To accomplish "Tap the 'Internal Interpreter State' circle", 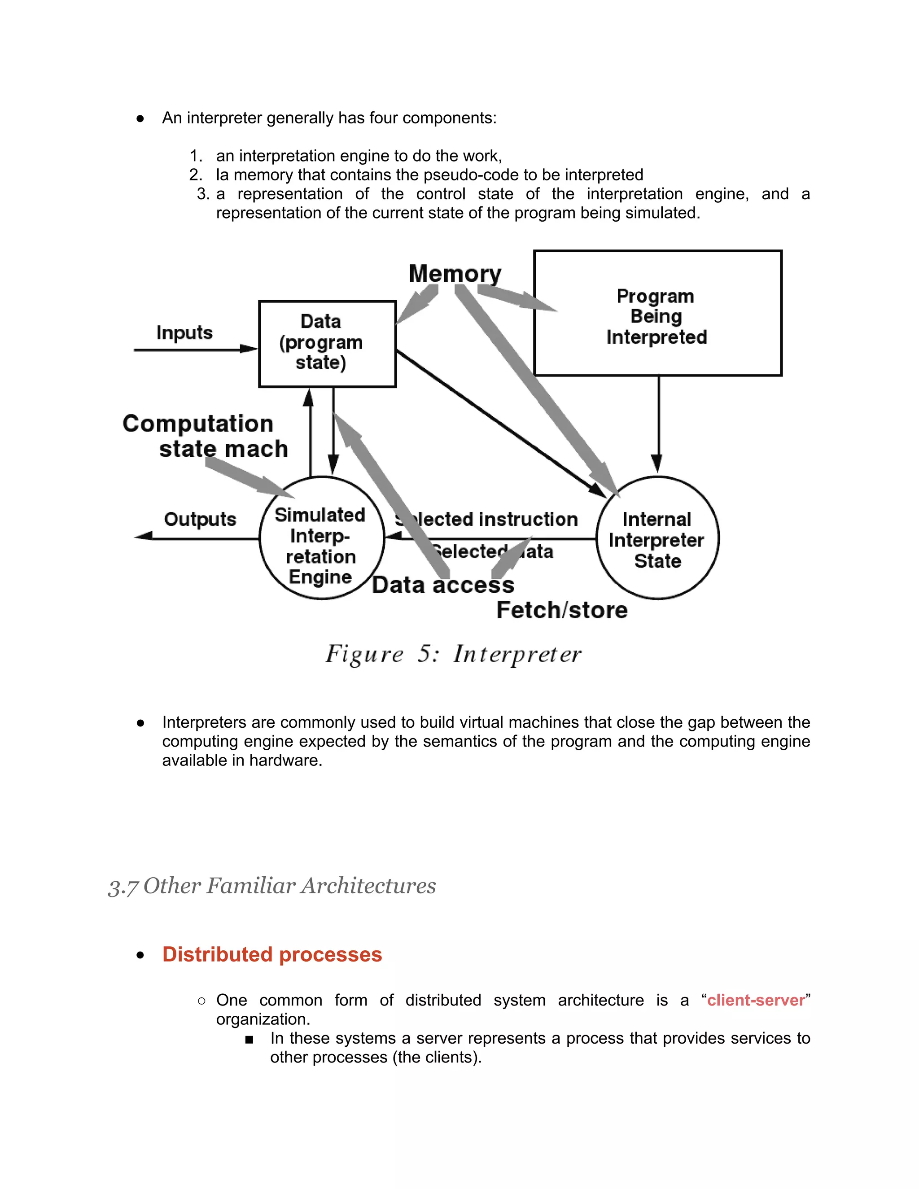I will [x=657, y=539].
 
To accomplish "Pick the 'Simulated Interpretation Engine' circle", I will [x=321, y=544].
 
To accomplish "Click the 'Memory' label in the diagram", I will [x=455, y=273].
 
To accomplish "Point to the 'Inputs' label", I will [x=184, y=332].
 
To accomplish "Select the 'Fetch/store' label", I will [x=562, y=610].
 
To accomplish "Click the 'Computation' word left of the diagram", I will [x=197, y=424].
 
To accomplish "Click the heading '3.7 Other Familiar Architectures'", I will [x=272, y=886].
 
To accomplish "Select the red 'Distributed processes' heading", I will [x=272, y=955].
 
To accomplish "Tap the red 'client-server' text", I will [x=756, y=1000].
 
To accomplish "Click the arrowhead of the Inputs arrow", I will [x=250, y=349].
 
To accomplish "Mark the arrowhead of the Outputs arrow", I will [x=143, y=536].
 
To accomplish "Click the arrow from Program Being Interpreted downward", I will [x=658, y=424].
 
